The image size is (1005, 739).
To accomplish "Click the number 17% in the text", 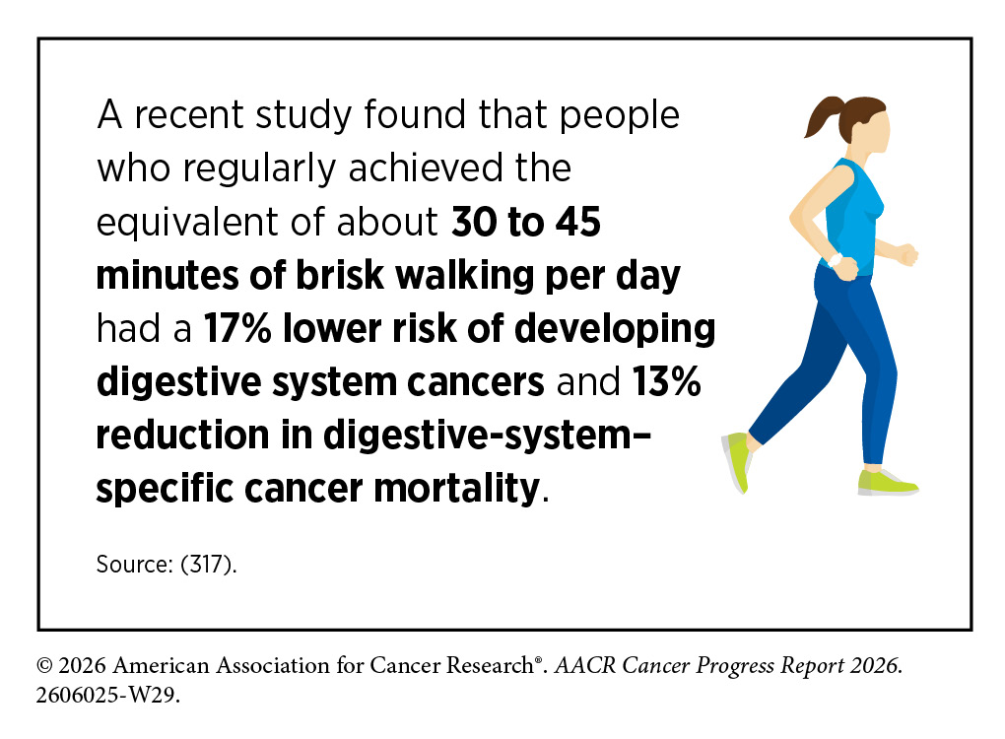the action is point(237,329).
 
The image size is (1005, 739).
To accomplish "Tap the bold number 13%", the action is point(667,382).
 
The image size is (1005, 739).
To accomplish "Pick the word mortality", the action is point(457,489).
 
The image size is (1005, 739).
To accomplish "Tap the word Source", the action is point(134,565).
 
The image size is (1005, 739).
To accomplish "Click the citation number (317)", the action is point(209,565).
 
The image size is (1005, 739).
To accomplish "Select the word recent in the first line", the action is point(189,116).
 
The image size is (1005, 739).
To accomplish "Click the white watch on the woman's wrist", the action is point(835,259).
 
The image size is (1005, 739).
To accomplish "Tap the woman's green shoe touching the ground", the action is point(887,483).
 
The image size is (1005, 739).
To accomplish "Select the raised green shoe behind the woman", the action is point(737,461).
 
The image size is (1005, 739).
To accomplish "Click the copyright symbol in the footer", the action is point(44,666).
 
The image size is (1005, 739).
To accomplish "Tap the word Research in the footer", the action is point(490,665).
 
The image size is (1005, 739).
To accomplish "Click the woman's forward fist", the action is point(907,254).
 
